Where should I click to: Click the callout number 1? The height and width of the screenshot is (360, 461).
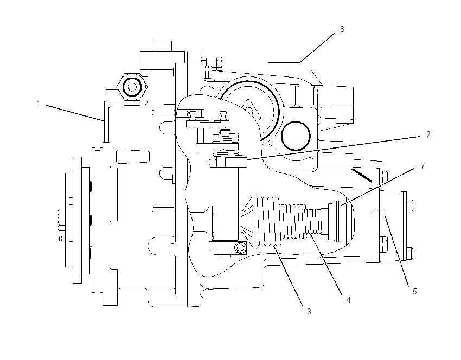[x=39, y=104]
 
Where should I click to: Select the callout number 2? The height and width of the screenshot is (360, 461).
[x=428, y=134]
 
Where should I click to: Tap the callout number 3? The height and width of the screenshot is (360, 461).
[x=309, y=312]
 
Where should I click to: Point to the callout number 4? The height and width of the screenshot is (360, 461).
[x=348, y=300]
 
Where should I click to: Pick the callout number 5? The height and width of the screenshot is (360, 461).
[x=415, y=292]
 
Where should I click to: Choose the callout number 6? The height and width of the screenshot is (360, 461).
[x=342, y=29]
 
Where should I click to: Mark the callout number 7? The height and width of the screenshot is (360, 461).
[x=423, y=166]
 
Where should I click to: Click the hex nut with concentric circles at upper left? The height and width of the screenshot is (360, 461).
[x=132, y=87]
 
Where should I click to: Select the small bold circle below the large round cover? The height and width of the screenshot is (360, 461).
[x=296, y=136]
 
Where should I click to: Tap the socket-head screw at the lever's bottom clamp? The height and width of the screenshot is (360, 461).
[x=241, y=247]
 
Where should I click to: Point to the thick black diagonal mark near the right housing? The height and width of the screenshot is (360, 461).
[x=362, y=175]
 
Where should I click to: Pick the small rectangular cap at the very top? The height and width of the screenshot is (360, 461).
[x=164, y=46]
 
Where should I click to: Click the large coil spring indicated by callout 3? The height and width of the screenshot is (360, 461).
[x=267, y=221]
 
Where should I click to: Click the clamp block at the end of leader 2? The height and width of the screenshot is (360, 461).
[x=228, y=162]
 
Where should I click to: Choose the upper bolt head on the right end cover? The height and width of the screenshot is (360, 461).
[x=410, y=205]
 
